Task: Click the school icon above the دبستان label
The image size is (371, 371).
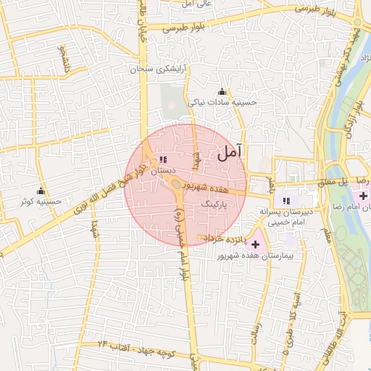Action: point(163,159)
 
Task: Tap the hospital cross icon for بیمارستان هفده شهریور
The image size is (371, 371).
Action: point(255,244)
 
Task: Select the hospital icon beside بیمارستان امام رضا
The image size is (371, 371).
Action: point(363,196)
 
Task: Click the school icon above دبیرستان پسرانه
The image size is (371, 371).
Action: point(286,200)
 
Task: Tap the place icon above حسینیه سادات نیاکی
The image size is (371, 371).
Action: point(222,91)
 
